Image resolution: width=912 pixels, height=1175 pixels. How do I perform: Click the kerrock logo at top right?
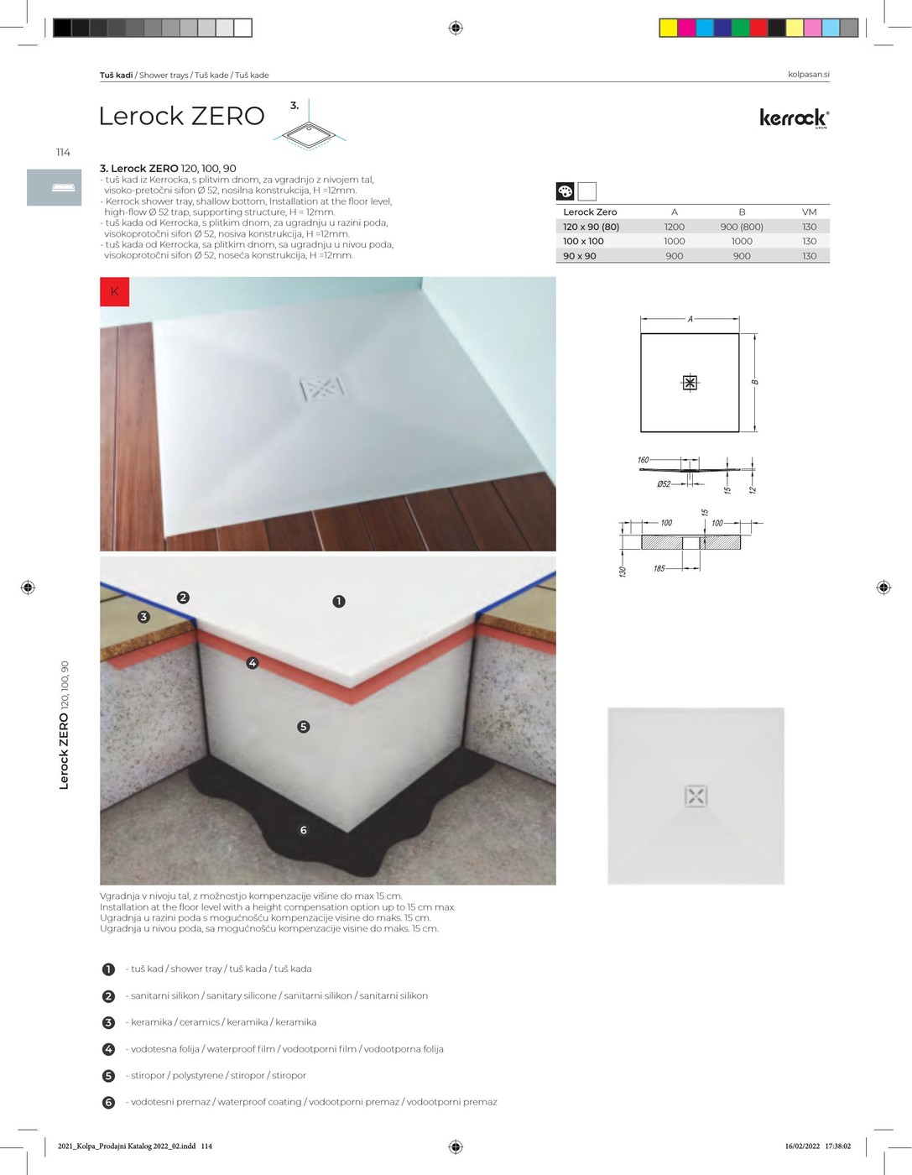click(x=795, y=117)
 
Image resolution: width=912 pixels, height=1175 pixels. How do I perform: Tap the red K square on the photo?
click(x=115, y=291)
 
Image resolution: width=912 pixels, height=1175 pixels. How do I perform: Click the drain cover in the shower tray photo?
click(x=322, y=389)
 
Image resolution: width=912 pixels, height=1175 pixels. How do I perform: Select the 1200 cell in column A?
click(x=675, y=227)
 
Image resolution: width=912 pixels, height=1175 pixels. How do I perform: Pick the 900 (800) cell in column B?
click(x=742, y=227)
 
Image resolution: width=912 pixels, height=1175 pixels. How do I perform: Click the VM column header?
click(x=809, y=212)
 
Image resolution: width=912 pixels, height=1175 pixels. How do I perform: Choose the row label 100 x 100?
click(x=583, y=241)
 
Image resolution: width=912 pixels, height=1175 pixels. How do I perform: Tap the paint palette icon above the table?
click(x=565, y=191)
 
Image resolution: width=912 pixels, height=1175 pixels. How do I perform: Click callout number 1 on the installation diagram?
click(x=339, y=601)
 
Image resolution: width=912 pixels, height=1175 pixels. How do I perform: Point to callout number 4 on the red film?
click(x=253, y=663)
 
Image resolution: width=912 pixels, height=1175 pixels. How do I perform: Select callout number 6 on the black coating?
click(x=304, y=830)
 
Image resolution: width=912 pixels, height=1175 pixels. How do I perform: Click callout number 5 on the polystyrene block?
click(x=304, y=727)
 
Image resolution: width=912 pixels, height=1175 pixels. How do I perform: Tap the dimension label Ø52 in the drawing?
click(x=664, y=484)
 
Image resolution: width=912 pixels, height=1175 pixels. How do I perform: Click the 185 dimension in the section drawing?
click(x=659, y=568)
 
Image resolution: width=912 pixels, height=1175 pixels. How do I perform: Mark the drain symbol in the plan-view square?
click(x=690, y=383)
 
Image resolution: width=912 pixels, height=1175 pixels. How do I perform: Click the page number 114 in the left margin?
click(x=63, y=153)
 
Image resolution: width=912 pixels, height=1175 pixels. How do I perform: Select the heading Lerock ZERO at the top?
click(x=181, y=116)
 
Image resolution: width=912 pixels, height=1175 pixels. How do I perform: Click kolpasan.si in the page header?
click(x=808, y=75)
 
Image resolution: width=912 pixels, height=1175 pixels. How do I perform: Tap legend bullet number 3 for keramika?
click(x=108, y=1022)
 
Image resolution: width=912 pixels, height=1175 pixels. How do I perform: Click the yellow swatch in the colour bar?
click(x=669, y=28)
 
